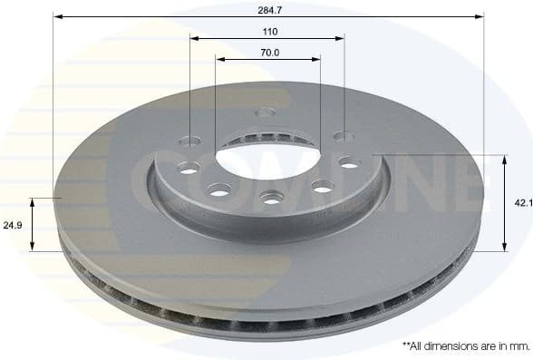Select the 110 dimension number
tap(269, 31)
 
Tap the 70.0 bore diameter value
tap(269, 53)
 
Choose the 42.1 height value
tap(522, 204)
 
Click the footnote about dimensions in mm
tap(465, 346)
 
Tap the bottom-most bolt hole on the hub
tap(270, 197)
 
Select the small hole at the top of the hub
tap(265, 112)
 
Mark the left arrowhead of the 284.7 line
tap(57, 16)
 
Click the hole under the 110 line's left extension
tap(189, 141)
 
